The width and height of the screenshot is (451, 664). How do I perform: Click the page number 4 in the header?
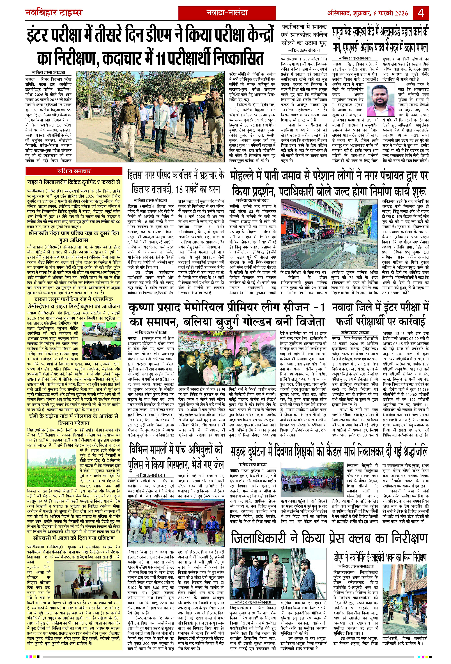(421, 13)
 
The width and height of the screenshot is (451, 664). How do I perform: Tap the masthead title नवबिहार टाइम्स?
(54, 13)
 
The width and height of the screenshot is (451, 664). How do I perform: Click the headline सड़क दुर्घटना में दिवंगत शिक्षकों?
(329, 451)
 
